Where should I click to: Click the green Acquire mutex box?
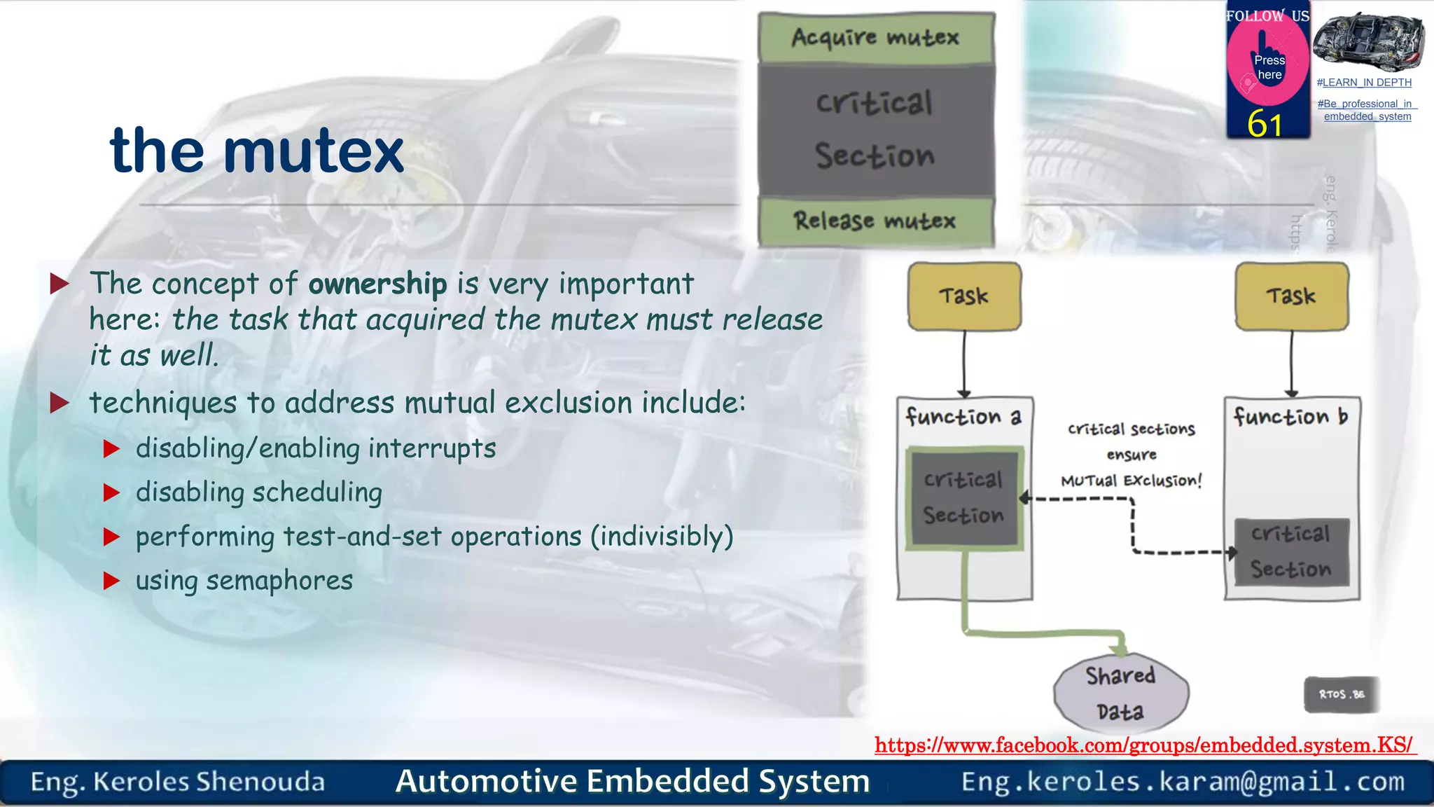(x=875, y=37)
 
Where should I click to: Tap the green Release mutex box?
(x=875, y=221)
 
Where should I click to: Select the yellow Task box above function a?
(x=964, y=296)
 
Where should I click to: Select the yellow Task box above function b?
(x=1291, y=296)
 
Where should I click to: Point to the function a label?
(x=963, y=417)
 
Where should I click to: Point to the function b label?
(x=1290, y=417)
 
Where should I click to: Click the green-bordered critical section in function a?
(x=964, y=498)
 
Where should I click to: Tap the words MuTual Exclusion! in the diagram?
(x=1131, y=481)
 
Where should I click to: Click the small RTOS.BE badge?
(x=1341, y=694)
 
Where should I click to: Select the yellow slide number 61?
(x=1265, y=124)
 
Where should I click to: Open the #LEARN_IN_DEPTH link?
(x=1364, y=83)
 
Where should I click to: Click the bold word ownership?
(x=377, y=284)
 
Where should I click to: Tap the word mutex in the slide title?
(x=313, y=151)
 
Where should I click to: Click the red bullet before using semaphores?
(x=111, y=581)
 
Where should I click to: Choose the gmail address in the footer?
(x=1183, y=782)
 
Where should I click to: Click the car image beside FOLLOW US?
(x=1367, y=41)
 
